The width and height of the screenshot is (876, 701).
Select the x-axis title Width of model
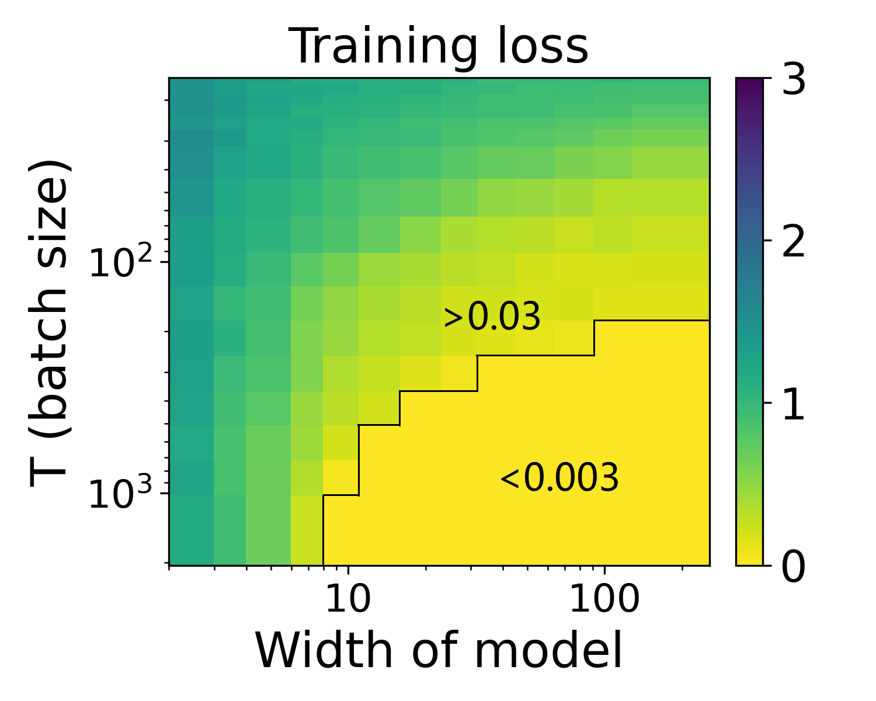pos(439,650)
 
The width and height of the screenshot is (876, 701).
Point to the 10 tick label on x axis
pos(349,600)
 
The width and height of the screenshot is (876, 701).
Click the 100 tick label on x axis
pos(604,600)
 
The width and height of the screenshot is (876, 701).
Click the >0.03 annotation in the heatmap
pos(492,318)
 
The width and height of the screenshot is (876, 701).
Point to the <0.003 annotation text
pos(559,478)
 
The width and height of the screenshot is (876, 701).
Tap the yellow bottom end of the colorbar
pos(749,560)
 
